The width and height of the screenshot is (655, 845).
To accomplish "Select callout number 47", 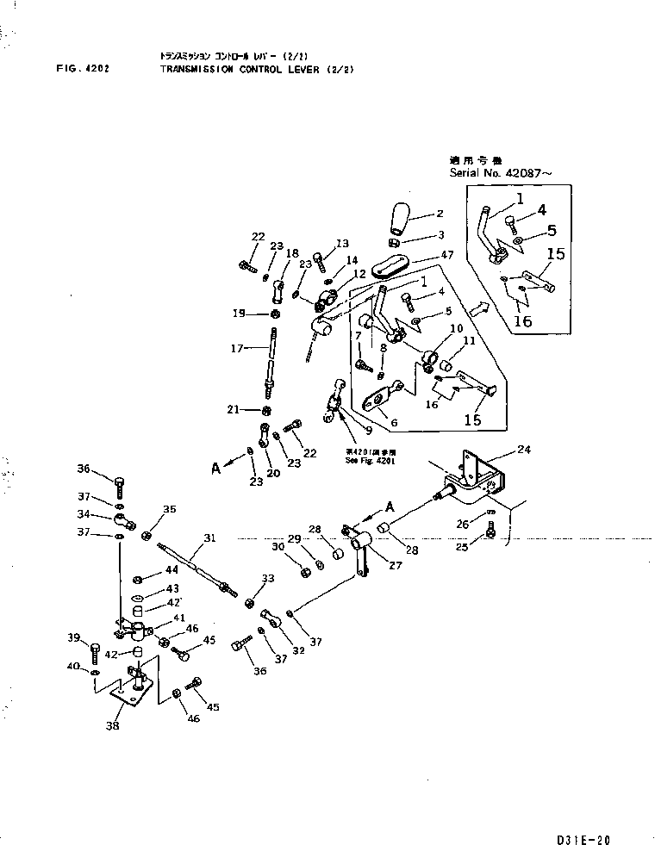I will point(447,256).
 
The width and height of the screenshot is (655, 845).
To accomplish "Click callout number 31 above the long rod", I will point(207,538).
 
